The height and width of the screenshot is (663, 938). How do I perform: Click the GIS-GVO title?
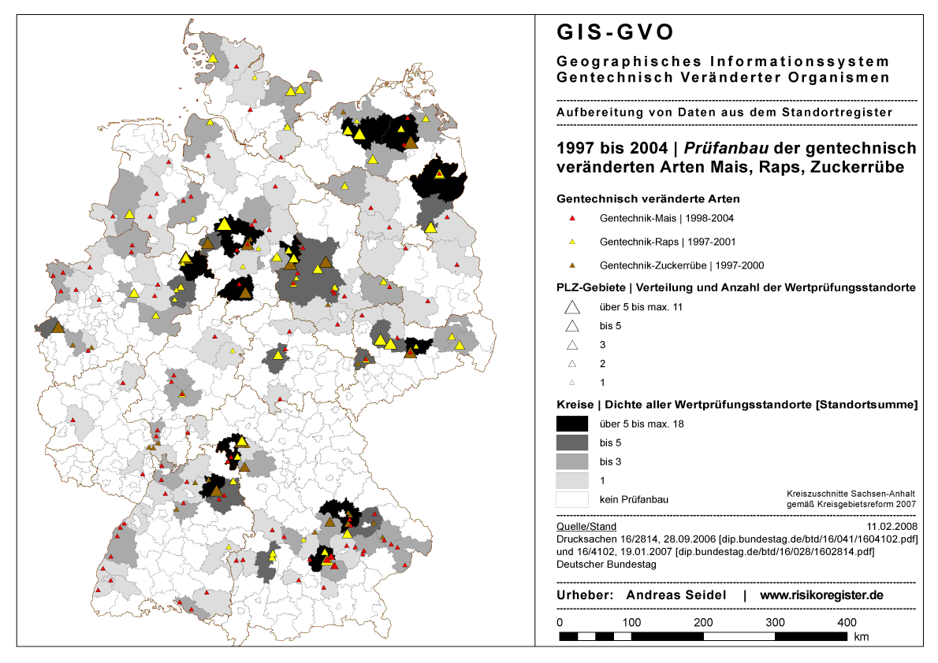click(616, 32)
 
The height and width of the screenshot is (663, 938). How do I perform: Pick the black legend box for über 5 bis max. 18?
click(572, 424)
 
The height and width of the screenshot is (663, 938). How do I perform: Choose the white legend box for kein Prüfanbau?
click(572, 499)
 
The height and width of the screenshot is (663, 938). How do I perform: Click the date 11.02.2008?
click(891, 526)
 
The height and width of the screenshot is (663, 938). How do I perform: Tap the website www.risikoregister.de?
click(821, 595)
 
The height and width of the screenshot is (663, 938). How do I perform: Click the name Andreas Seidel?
click(676, 595)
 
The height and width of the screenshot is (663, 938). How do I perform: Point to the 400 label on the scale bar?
click(847, 622)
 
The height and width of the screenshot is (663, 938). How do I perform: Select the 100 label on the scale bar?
click(631, 622)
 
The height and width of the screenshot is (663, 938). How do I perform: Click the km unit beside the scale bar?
click(862, 636)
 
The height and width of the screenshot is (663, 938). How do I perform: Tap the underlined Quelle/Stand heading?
click(586, 526)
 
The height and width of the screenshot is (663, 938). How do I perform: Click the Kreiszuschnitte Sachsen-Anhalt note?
click(851, 493)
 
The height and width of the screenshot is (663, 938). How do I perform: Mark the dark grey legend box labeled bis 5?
click(572, 443)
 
